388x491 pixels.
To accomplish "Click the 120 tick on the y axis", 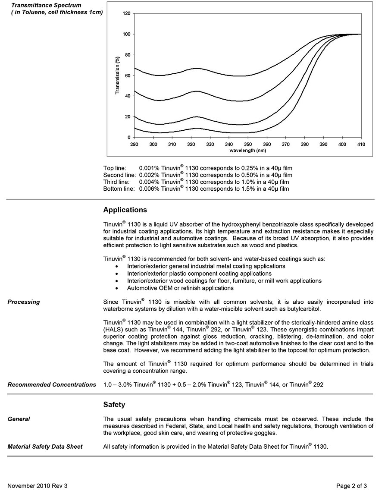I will pos(126,13).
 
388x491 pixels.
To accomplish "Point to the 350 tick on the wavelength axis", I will pos(248,144).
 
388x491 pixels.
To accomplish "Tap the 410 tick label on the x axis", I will pos(361,144).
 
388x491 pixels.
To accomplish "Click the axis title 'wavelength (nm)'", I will pos(248,151).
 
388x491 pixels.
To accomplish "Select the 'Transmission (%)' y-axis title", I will pos(117,76).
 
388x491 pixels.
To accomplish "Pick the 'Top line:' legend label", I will pos(115,168).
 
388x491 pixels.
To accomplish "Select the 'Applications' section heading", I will pos(125,210).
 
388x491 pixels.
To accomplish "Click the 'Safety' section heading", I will pos(114,405).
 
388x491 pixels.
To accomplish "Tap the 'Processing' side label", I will pos(24,302).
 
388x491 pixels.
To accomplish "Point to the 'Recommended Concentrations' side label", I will pos(52,384).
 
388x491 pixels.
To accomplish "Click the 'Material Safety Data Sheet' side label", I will pos(45,447).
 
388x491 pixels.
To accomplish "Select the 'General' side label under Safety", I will pos(19,419).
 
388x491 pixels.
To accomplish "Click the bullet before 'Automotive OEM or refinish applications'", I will pos(117,288).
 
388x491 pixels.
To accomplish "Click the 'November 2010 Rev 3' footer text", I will pos(38,486).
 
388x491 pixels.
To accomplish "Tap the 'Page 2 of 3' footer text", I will pos(351,486).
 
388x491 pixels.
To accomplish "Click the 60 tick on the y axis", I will pos(128,76).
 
